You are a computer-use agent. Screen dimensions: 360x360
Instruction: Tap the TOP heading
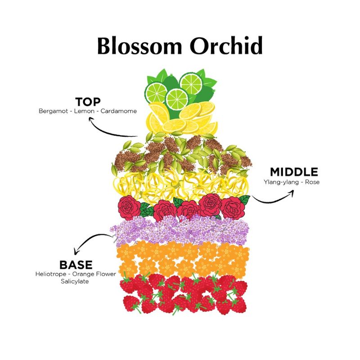click(x=88, y=102)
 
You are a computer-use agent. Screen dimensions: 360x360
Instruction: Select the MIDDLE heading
click(x=294, y=172)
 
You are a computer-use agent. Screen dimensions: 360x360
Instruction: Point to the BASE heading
click(x=76, y=265)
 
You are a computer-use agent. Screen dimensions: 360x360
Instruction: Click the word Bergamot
click(x=52, y=111)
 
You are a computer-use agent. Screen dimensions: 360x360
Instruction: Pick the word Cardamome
click(x=119, y=111)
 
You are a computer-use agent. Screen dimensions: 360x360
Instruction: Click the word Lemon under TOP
click(x=85, y=111)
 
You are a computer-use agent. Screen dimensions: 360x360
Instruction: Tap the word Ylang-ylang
click(x=279, y=182)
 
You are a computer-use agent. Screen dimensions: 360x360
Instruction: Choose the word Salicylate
click(x=76, y=281)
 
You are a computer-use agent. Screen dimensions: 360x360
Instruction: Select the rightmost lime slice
click(x=191, y=83)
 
